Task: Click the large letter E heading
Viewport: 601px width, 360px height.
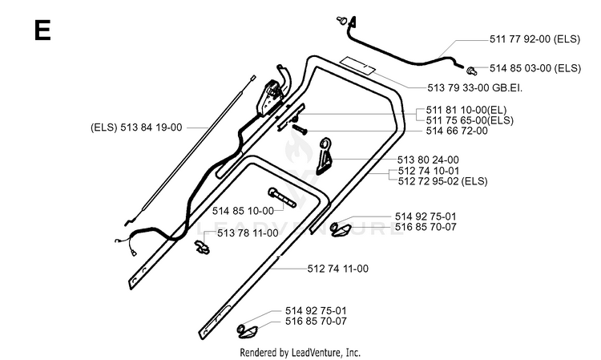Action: (x=42, y=30)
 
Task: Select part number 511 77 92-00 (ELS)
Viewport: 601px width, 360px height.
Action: (x=534, y=39)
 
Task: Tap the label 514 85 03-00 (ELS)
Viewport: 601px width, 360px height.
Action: (x=535, y=68)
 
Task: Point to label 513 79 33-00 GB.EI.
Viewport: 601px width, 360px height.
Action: (x=475, y=88)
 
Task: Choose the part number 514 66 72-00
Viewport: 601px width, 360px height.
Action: (x=457, y=131)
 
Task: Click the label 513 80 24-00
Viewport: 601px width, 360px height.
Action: (x=428, y=160)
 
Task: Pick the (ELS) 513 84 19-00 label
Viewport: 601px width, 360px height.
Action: (x=136, y=127)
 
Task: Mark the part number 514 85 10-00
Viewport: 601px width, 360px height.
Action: (x=243, y=211)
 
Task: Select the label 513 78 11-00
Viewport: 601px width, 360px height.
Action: (x=248, y=233)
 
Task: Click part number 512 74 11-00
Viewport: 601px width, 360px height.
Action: (x=337, y=269)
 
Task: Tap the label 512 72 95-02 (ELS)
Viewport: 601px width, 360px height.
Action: (x=442, y=181)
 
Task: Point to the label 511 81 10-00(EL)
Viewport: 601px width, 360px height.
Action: (x=466, y=111)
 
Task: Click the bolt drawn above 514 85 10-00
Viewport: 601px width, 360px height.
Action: (x=283, y=197)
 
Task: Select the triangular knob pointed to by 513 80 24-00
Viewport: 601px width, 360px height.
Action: (x=324, y=156)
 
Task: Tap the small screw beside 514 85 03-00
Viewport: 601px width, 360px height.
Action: (x=471, y=71)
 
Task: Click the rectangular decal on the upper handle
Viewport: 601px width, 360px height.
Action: (x=358, y=66)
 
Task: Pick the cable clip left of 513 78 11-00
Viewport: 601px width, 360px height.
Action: (x=202, y=247)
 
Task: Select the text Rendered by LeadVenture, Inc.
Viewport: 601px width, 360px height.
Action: (x=300, y=352)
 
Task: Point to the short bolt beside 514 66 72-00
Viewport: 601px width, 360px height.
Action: (x=300, y=130)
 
